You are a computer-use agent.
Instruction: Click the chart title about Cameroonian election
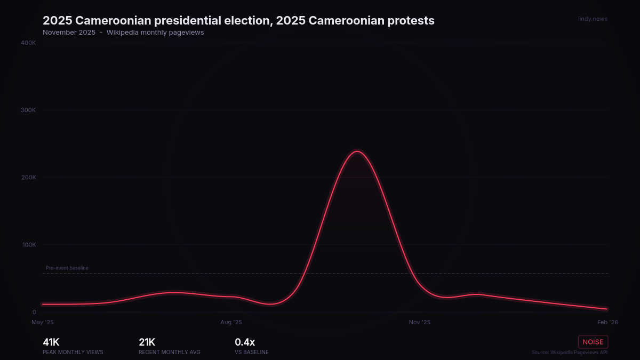pyautogui.click(x=238, y=21)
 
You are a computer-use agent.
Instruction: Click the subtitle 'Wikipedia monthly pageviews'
pyautogui.click(x=155, y=33)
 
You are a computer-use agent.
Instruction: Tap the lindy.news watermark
pyautogui.click(x=593, y=19)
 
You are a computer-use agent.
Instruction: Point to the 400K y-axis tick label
pyautogui.click(x=28, y=43)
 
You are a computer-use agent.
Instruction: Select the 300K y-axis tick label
pyautogui.click(x=28, y=110)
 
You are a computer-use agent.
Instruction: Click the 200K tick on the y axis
pyautogui.click(x=28, y=178)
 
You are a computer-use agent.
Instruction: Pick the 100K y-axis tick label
pyautogui.click(x=28, y=245)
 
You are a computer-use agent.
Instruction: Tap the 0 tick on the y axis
pyautogui.click(x=34, y=313)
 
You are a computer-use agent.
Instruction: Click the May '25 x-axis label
pyautogui.click(x=43, y=322)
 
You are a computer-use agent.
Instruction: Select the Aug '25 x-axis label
pyautogui.click(x=231, y=322)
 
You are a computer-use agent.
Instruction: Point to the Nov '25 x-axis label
pyautogui.click(x=419, y=322)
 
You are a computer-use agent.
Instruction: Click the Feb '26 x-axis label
pyautogui.click(x=607, y=322)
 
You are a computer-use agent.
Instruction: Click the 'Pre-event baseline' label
pyautogui.click(x=67, y=268)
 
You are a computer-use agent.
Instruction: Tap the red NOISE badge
pyautogui.click(x=593, y=342)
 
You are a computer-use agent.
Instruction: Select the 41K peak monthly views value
pyautogui.click(x=51, y=342)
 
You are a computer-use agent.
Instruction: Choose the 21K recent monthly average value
pyautogui.click(x=147, y=342)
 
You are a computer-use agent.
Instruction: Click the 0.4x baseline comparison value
pyautogui.click(x=245, y=342)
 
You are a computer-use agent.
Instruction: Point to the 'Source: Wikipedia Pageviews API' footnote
pyautogui.click(x=569, y=353)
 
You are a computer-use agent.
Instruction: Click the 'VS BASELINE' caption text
pyautogui.click(x=252, y=353)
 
